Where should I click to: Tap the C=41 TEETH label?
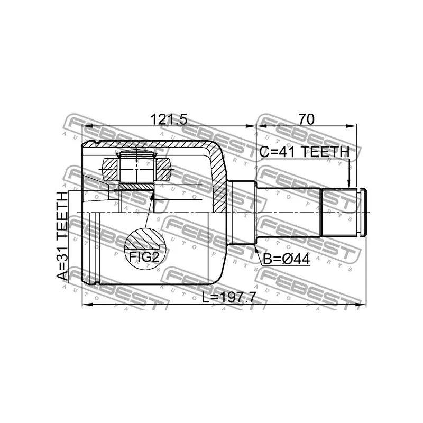[x=304, y=152]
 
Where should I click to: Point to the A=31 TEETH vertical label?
[x=63, y=236]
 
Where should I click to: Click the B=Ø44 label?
[x=285, y=260]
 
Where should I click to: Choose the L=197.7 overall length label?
[x=229, y=298]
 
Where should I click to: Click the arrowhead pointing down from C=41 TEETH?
[x=349, y=183]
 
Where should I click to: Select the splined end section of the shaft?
[x=339, y=213]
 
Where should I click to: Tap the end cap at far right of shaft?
[x=362, y=213]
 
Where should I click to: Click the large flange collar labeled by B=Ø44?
[x=243, y=213]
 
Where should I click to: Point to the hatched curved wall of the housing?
[x=218, y=174]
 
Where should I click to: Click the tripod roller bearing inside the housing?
[x=137, y=168]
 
